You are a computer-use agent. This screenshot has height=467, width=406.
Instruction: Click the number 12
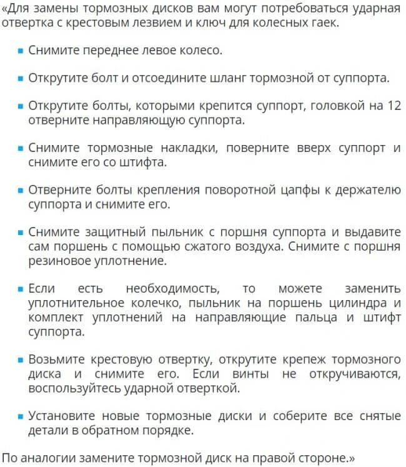pyautogui.click(x=394, y=106)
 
